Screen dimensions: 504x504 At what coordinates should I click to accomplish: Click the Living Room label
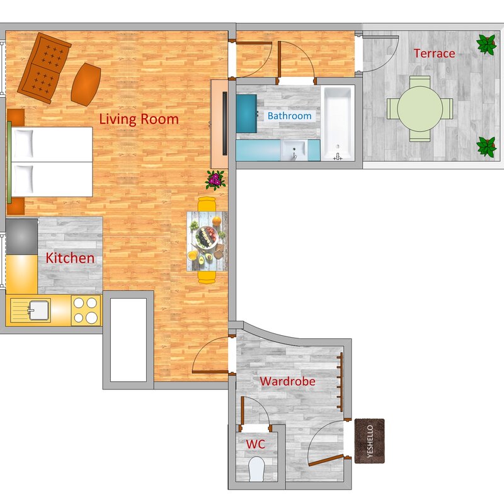(139, 119)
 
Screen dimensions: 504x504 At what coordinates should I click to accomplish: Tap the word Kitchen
(70, 258)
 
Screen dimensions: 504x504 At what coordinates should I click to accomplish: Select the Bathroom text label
(289, 116)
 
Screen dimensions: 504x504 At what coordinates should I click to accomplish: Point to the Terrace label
(434, 54)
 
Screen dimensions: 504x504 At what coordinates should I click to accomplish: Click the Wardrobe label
(287, 381)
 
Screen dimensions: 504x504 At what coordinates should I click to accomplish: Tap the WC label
(256, 444)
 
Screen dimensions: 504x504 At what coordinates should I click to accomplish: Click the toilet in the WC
(256, 469)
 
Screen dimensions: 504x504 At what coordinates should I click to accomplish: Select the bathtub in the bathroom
(338, 123)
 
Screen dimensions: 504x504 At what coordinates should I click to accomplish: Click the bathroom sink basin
(294, 150)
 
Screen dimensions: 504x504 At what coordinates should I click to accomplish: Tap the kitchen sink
(39, 310)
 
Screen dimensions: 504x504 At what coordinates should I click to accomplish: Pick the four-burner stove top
(86, 310)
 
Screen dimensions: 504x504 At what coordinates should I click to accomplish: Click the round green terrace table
(420, 109)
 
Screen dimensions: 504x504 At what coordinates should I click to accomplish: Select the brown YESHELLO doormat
(370, 441)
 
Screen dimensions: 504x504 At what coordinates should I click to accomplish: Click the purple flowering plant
(215, 180)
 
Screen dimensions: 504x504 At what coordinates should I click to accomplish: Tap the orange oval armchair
(86, 84)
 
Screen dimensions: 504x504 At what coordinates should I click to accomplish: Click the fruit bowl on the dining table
(207, 238)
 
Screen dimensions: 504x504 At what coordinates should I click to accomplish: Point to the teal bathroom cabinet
(246, 113)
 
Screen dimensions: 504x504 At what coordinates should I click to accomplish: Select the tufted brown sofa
(44, 68)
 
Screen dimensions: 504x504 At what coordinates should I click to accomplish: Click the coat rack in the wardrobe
(340, 382)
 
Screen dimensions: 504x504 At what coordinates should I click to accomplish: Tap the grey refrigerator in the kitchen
(21, 237)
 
